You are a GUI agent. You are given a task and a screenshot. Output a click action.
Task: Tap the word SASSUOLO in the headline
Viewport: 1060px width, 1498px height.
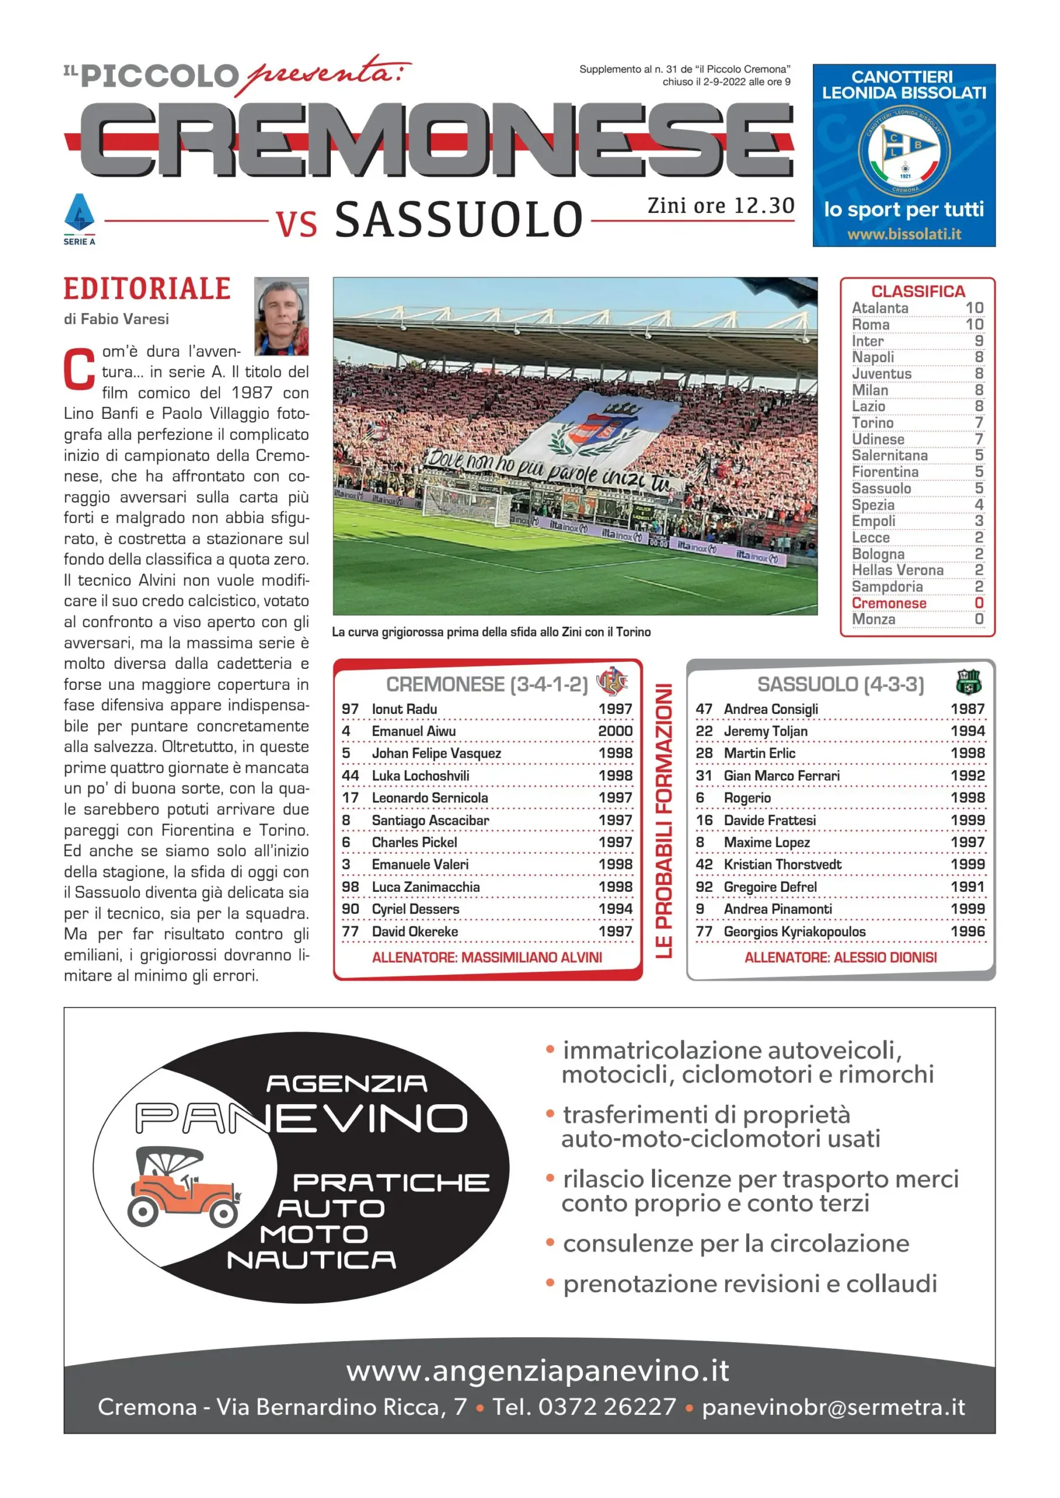[x=458, y=219]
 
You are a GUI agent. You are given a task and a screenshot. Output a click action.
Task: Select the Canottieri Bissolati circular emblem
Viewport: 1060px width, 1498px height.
[x=903, y=152]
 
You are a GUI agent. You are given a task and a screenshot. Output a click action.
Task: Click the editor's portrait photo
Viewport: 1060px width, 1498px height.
[x=282, y=317]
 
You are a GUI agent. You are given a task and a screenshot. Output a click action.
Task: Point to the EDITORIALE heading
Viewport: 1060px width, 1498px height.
[x=147, y=289]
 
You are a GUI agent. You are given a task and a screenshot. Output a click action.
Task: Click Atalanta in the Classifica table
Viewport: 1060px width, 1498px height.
[x=879, y=308]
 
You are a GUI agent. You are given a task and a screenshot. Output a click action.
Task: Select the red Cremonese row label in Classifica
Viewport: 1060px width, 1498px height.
[x=889, y=603]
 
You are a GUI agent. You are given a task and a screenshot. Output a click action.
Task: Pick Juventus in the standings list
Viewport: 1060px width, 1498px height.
[x=881, y=374]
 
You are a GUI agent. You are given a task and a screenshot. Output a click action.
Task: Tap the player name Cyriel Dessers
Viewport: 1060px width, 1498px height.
[x=415, y=909]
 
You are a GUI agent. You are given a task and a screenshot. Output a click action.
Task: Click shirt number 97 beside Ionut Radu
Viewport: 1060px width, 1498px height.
[x=350, y=709]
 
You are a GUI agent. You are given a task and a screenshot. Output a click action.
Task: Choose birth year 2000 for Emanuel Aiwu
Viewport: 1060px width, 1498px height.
[x=615, y=731]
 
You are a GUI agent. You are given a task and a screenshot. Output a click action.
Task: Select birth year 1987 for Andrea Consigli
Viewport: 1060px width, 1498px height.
[x=967, y=709]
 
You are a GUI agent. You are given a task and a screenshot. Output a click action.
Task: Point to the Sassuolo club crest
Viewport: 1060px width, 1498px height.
[x=968, y=682]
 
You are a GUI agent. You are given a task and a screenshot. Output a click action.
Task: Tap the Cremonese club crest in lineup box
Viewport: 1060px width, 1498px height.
[x=612, y=682]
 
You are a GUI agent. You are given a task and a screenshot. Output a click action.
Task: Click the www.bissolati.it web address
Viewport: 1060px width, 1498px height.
[x=903, y=233]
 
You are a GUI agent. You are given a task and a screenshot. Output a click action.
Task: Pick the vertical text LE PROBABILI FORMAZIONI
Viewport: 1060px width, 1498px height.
[x=663, y=821]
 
